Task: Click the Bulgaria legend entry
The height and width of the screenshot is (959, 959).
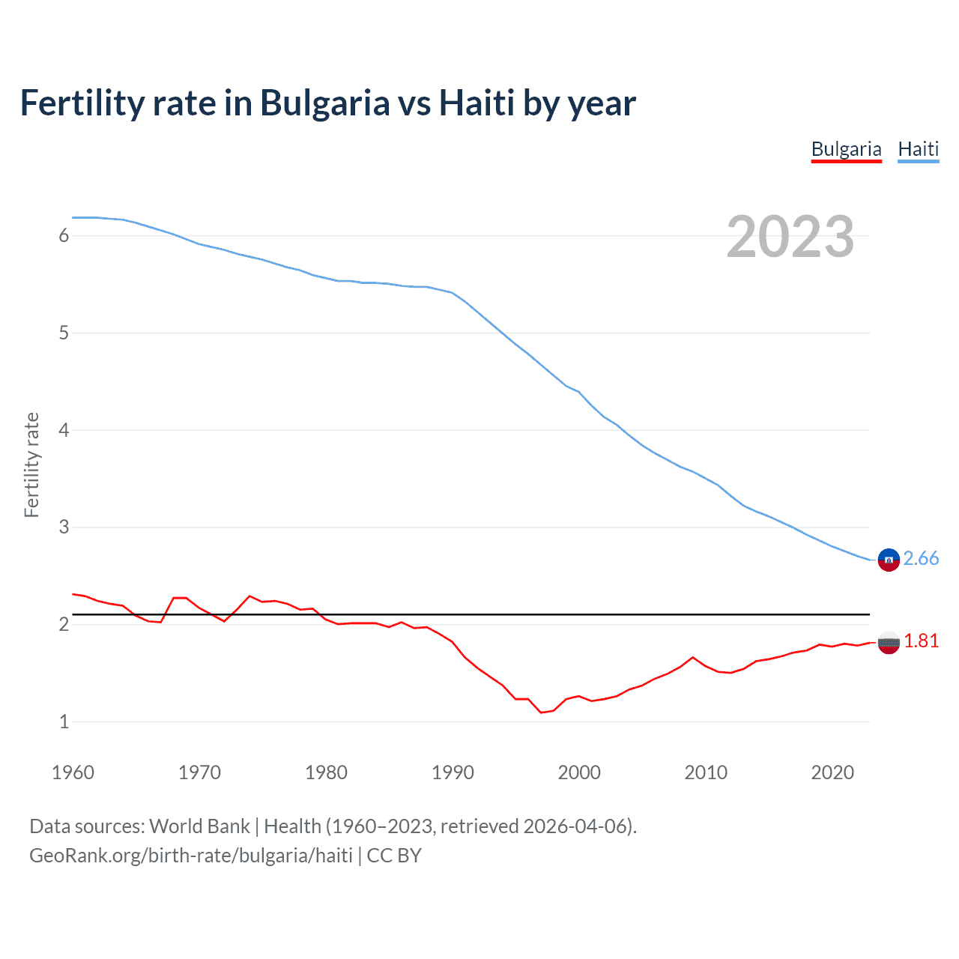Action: pos(846,149)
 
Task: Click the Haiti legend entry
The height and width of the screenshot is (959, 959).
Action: pos(918,149)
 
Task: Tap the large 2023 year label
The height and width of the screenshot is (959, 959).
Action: pos(790,237)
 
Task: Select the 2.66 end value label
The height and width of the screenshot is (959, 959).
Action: pos(921,559)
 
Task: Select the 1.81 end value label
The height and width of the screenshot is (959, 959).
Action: pos(921,641)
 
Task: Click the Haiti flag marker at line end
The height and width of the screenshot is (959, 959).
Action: pos(889,560)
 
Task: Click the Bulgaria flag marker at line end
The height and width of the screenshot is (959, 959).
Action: pos(889,642)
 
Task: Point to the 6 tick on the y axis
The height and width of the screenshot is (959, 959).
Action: pos(64,236)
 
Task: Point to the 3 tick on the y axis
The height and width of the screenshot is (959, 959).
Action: pos(64,527)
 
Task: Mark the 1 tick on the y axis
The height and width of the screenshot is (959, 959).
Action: pos(64,722)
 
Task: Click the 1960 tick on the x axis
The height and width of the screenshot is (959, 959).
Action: pos(73,772)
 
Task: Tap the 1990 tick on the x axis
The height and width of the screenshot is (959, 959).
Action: pos(453,772)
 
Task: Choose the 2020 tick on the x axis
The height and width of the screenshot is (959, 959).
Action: pos(832,772)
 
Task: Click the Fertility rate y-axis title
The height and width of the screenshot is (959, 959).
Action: pos(31,465)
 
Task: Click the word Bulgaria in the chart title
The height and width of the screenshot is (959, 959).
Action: pos(324,103)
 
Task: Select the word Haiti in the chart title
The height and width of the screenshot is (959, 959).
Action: pos(477,103)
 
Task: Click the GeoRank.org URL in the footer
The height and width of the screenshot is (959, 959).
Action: pos(191,856)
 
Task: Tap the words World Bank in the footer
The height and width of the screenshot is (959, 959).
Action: pos(199,826)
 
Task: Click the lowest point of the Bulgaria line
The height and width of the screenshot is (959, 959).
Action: pos(541,713)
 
